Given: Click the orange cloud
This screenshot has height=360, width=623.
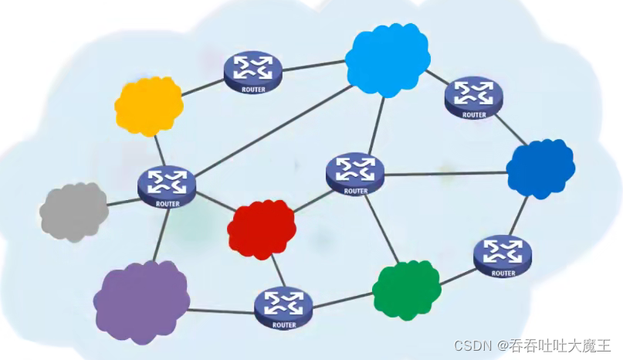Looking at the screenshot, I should coord(148,105).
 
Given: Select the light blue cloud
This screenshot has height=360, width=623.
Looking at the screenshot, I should coord(387,59).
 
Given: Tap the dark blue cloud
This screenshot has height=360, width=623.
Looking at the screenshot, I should coord(540,168).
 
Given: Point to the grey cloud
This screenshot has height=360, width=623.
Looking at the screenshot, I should coord(73,211).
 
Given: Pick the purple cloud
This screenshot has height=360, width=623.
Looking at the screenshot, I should coord(141,301).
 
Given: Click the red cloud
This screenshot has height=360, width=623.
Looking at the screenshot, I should coord(262,229).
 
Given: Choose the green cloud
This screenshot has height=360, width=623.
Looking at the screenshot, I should coord(406,290).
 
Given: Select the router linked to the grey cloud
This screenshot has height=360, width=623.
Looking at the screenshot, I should coord(167,184).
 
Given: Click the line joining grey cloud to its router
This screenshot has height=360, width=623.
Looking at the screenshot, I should coord(124,202).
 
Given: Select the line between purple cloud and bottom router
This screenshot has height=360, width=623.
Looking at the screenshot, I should coord(221,311).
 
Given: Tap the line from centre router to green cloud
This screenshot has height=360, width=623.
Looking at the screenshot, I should coord(383,228).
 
